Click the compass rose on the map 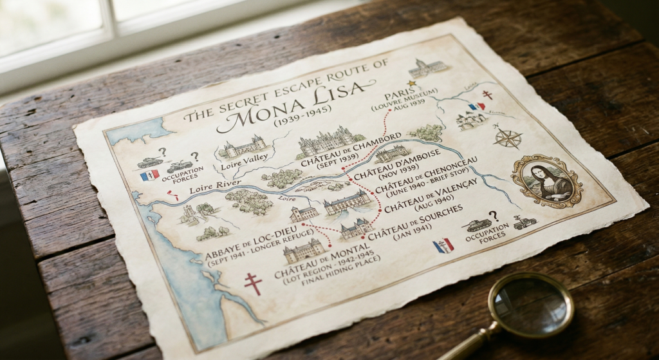tap(508, 138)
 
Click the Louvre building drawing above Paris tap(427, 67)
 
